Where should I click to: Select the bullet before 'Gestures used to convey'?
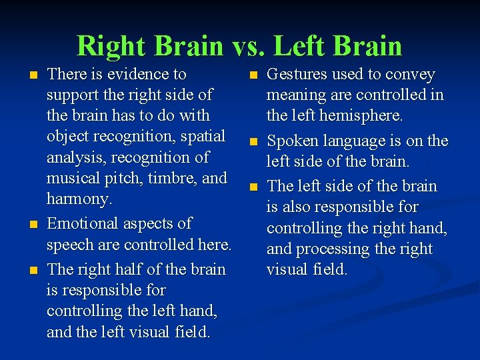(x=253, y=75)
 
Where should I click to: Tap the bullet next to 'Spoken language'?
(x=253, y=142)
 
